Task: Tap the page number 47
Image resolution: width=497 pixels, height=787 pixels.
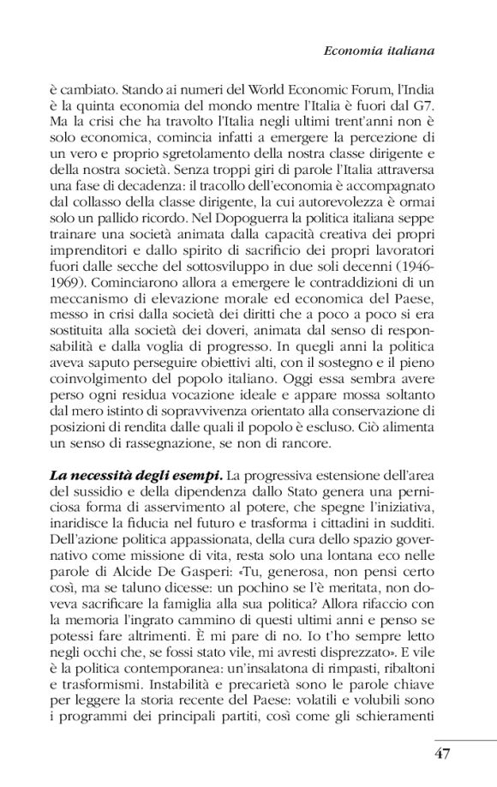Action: click(x=441, y=754)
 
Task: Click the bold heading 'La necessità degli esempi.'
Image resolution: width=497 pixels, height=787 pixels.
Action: click(x=123, y=472)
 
